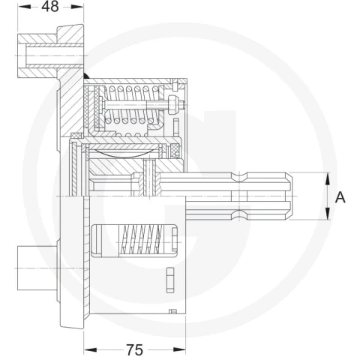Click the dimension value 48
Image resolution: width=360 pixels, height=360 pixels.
(50, 7)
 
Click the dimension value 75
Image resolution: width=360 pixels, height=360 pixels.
(135, 349)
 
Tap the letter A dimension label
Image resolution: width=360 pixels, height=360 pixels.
(340, 197)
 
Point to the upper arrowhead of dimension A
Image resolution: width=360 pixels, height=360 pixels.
(327, 178)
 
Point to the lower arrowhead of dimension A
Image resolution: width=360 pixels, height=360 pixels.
(327, 214)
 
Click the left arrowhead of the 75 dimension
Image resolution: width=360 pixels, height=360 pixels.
(90, 349)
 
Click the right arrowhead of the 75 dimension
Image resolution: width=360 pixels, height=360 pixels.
(179, 349)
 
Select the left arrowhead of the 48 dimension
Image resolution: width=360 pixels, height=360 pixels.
(24, 7)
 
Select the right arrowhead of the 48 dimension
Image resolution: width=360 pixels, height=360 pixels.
(77, 7)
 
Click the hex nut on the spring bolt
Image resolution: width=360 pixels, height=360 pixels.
(173, 105)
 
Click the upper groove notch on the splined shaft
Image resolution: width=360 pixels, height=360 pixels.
(239, 177)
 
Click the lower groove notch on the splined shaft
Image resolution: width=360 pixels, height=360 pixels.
(239, 215)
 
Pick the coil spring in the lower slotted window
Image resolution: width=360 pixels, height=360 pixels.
(141, 241)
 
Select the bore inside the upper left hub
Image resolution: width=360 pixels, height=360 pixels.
(54, 55)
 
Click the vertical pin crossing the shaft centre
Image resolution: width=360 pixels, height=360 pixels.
(149, 177)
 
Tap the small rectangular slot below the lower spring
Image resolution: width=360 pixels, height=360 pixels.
(170, 280)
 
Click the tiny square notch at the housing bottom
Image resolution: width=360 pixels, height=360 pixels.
(172, 311)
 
